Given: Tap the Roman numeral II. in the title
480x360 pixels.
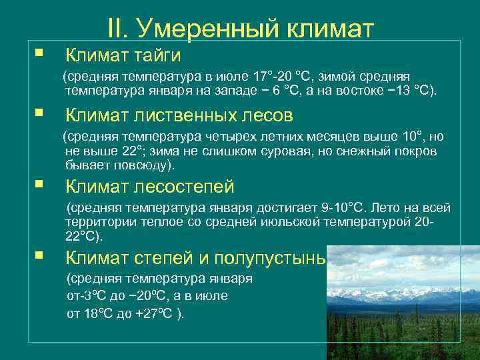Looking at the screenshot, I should click(x=119, y=28).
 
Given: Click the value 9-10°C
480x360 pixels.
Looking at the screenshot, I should click(x=346, y=207).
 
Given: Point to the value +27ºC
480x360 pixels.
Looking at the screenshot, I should click(x=155, y=314).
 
